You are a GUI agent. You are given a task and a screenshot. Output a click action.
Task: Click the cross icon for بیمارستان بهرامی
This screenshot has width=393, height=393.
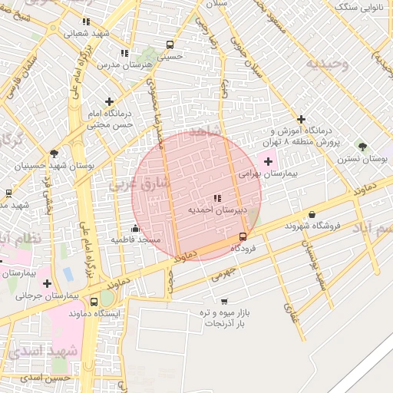click(x=267, y=162)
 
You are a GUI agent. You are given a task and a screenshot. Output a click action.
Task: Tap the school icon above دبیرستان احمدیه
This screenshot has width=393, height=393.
click(x=216, y=199)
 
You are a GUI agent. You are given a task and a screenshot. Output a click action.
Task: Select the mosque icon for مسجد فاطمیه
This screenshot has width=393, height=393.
click(x=136, y=228)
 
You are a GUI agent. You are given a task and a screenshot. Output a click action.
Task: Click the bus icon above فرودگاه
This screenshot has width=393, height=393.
click(x=243, y=236)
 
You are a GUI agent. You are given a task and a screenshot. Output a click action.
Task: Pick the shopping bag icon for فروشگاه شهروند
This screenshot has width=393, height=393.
click(x=312, y=215)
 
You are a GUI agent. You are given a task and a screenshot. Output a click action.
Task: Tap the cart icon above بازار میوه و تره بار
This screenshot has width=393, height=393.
click(x=223, y=302)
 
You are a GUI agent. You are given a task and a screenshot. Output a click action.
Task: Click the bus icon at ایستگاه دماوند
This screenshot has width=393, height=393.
click(x=93, y=302)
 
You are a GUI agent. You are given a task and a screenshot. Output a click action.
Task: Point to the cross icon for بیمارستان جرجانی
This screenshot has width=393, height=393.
click(x=47, y=283)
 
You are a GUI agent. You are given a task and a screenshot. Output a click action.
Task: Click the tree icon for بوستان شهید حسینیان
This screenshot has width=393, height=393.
click(x=53, y=154)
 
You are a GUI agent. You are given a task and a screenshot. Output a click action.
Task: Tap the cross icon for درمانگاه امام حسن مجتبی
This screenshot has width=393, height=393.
click(x=110, y=101)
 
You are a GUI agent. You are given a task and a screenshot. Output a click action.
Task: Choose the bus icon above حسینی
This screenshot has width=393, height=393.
click(x=170, y=45)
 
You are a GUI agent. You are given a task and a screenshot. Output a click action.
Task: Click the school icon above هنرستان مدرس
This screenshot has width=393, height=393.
click(x=124, y=54)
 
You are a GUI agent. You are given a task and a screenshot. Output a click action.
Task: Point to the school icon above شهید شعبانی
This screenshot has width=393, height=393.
click(x=85, y=21)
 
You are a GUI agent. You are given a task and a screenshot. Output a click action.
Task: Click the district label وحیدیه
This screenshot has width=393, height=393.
click(x=328, y=64)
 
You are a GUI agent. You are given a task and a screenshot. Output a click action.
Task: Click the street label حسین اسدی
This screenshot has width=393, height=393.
click(x=46, y=378)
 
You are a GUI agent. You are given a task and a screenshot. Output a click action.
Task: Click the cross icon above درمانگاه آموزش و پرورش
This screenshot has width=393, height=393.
click(x=302, y=120)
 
